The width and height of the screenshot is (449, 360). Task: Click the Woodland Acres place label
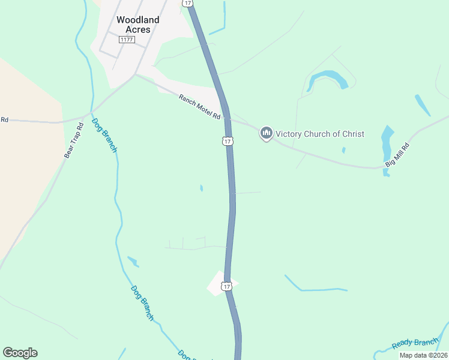[x=137, y=25]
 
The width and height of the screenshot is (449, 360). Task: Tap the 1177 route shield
[x=126, y=40]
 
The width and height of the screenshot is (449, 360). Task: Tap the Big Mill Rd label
[x=397, y=155]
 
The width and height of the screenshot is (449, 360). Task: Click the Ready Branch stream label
[x=415, y=344]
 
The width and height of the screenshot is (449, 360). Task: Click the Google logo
[x=20, y=353]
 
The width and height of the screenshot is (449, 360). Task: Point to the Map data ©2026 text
[x=423, y=355]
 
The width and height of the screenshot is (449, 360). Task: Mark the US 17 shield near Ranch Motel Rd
[x=226, y=141]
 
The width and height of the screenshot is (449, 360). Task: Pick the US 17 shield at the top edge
[x=188, y=3]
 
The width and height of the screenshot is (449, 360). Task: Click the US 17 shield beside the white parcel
[x=226, y=286]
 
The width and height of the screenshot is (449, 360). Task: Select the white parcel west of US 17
[x=218, y=283]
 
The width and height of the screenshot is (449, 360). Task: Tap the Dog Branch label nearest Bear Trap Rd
[x=104, y=135]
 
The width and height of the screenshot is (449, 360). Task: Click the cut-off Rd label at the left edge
[x=4, y=120]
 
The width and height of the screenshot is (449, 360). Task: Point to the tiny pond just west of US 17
[x=201, y=188]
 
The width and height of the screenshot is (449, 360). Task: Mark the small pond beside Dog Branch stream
[x=133, y=262]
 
